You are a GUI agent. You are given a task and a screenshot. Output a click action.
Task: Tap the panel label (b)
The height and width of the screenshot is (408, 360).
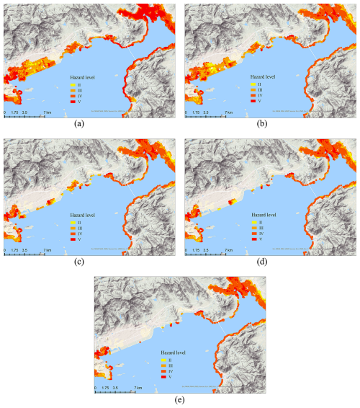269,123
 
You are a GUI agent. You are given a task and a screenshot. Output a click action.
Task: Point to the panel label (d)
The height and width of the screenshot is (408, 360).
269,261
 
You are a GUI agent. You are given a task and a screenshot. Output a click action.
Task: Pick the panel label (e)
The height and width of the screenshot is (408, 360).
179,399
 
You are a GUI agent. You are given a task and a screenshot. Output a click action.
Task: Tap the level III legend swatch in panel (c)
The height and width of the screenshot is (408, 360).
73,229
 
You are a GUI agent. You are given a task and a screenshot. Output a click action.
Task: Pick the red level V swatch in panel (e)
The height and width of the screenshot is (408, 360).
163,376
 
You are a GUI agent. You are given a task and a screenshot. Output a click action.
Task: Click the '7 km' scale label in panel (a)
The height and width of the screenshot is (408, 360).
47,112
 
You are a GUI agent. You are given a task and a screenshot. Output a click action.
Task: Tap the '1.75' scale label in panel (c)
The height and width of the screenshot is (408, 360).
15,250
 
